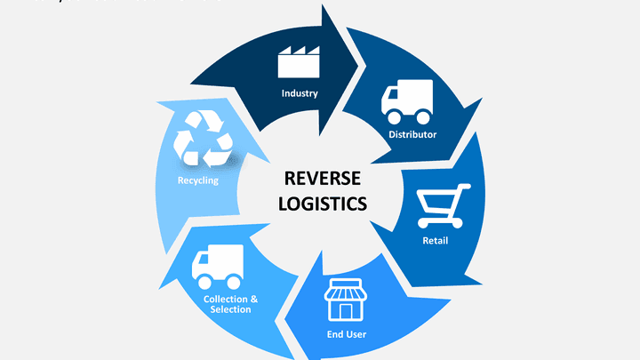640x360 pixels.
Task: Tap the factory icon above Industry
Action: point(300,62)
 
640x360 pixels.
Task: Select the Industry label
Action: point(300,93)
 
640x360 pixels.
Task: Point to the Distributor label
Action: point(412,135)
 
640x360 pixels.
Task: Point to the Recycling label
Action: point(197,180)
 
